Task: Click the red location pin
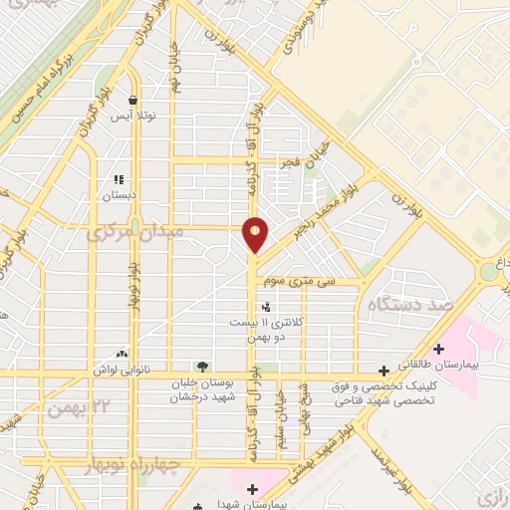click(256, 233)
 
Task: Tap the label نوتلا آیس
click(133, 115)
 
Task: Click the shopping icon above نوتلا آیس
click(133, 99)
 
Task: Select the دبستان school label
click(119, 195)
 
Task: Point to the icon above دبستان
click(119, 180)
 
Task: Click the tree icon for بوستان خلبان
click(203, 367)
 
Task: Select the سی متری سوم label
click(311, 283)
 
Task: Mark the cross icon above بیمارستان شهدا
click(253, 488)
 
